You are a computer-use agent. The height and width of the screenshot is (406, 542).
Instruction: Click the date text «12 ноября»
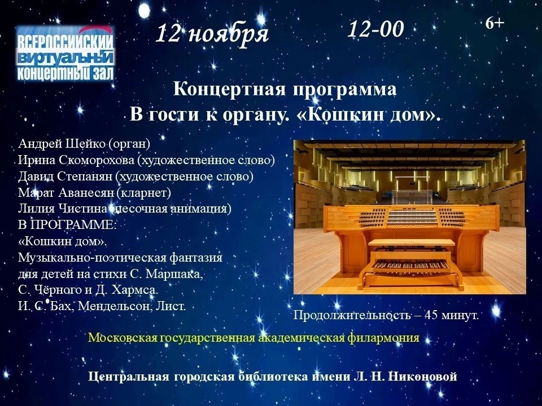(x=212, y=34)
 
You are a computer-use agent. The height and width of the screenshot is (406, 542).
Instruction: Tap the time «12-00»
(x=375, y=29)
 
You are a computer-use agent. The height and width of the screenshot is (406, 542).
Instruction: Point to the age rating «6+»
(x=495, y=23)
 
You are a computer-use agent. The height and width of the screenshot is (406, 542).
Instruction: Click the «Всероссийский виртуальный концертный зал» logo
(x=65, y=53)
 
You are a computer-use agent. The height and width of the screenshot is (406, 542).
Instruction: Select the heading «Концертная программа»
(x=285, y=90)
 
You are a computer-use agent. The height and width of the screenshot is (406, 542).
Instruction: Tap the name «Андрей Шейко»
(x=62, y=144)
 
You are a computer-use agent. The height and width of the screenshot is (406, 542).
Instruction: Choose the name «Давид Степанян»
(x=65, y=176)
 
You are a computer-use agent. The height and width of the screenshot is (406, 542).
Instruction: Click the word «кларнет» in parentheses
(x=144, y=192)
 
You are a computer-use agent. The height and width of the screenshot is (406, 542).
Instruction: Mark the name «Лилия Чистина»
(x=63, y=209)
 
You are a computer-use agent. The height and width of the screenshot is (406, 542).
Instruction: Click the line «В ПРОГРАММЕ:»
(x=68, y=225)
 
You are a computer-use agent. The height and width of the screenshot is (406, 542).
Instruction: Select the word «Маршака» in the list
(x=173, y=274)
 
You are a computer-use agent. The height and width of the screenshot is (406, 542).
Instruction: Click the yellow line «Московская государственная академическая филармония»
(x=253, y=338)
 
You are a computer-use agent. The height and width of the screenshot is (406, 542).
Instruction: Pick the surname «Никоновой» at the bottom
(x=423, y=376)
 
